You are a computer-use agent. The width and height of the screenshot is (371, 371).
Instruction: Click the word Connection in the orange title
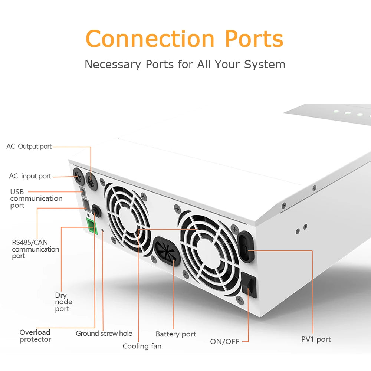(x=150, y=39)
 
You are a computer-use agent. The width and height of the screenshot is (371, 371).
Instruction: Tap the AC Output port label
(x=29, y=147)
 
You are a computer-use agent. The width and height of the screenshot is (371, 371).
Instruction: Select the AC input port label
(x=30, y=176)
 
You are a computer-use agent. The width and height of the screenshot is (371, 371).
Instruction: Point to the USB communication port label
(x=36, y=198)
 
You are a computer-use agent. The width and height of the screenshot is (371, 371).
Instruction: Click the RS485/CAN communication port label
(x=35, y=249)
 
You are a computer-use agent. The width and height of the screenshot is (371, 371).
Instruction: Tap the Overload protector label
(x=35, y=336)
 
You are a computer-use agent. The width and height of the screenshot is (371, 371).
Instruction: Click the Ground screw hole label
(x=104, y=334)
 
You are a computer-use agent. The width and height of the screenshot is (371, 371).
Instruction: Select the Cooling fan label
(x=142, y=346)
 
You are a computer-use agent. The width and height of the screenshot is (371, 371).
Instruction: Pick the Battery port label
(x=175, y=334)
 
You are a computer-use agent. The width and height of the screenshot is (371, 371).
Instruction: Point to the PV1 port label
(x=316, y=339)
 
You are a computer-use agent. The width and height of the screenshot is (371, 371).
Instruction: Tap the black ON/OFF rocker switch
(x=249, y=285)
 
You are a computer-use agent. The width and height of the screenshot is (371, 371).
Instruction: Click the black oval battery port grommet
(x=167, y=251)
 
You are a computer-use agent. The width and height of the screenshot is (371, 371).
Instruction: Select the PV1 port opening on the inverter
(x=245, y=247)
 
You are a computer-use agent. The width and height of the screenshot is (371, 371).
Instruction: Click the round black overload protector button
(x=96, y=211)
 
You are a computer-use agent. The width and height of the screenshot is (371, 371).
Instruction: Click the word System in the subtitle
(x=265, y=64)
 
